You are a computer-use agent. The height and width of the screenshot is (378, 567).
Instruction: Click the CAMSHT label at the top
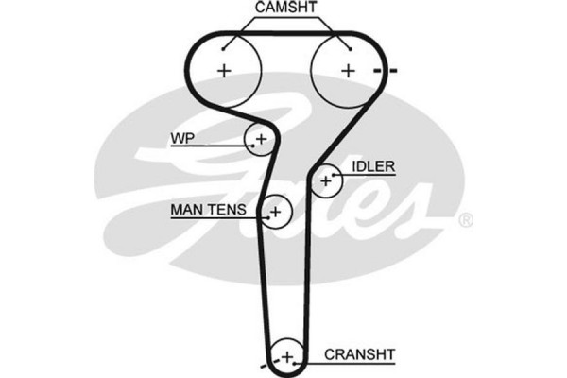(286, 9)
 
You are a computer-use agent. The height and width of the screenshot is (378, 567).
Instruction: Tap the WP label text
(181, 138)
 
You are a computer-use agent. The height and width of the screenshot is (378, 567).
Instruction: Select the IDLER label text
(373, 166)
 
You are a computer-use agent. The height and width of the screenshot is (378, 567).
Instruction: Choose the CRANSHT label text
(359, 354)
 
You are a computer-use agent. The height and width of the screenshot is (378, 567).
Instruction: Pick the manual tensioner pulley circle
(276, 212)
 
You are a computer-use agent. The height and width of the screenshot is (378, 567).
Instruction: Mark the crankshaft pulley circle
(286, 356)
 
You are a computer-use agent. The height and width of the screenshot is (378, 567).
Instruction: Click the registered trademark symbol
(465, 220)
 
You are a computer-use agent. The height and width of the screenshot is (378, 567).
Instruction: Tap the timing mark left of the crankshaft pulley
(265, 362)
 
